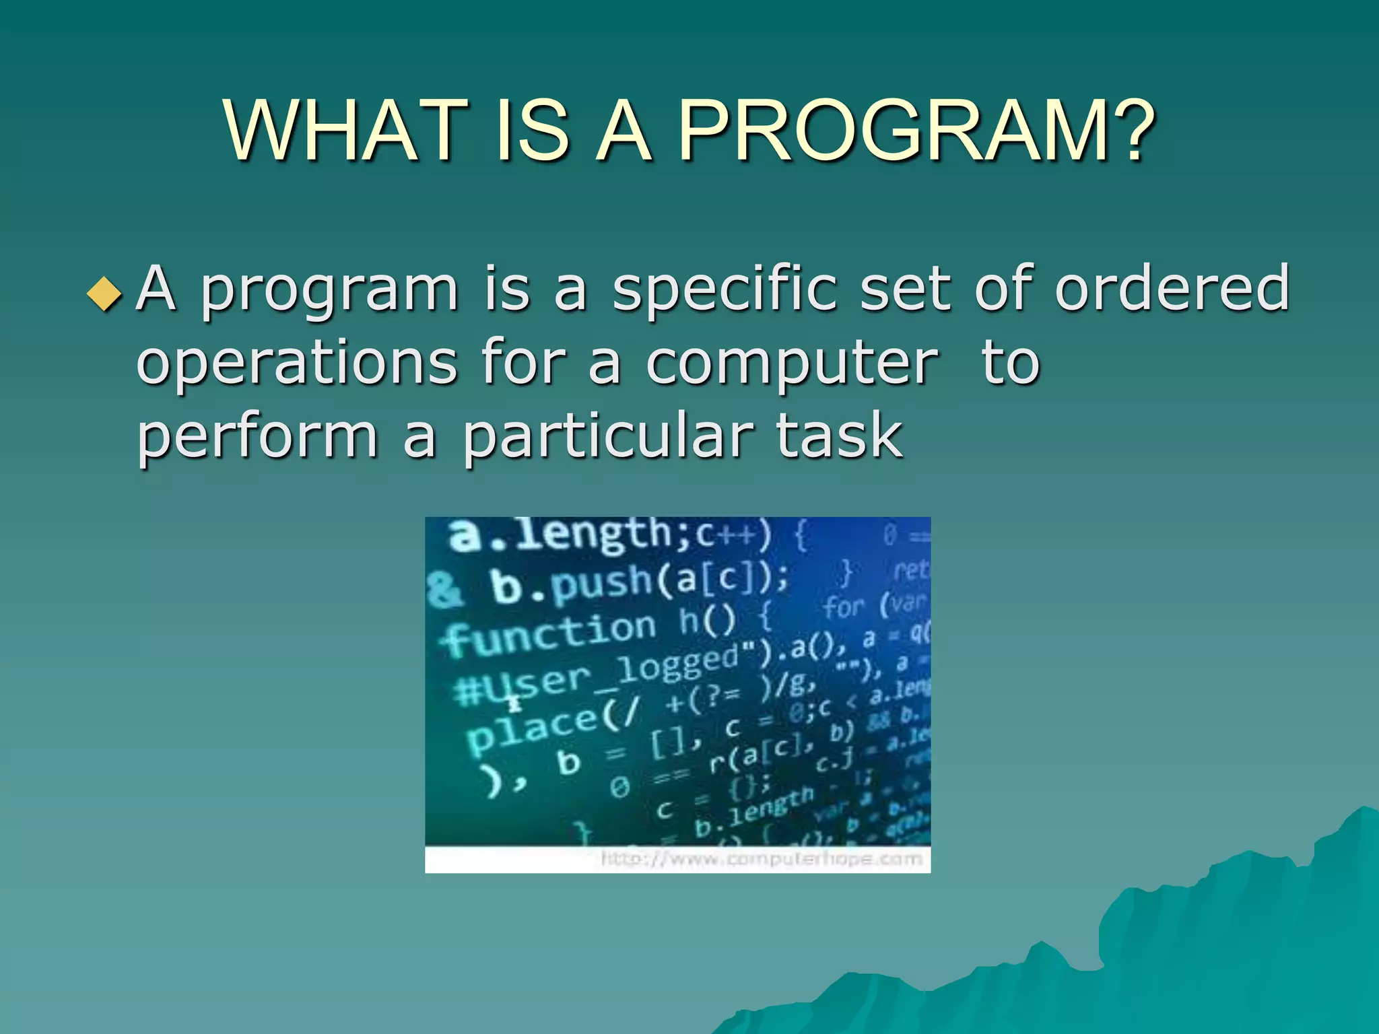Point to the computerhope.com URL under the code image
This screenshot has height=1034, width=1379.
pos(761,859)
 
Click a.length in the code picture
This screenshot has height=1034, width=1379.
pos(559,536)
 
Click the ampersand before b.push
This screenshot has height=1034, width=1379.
pos(445,590)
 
